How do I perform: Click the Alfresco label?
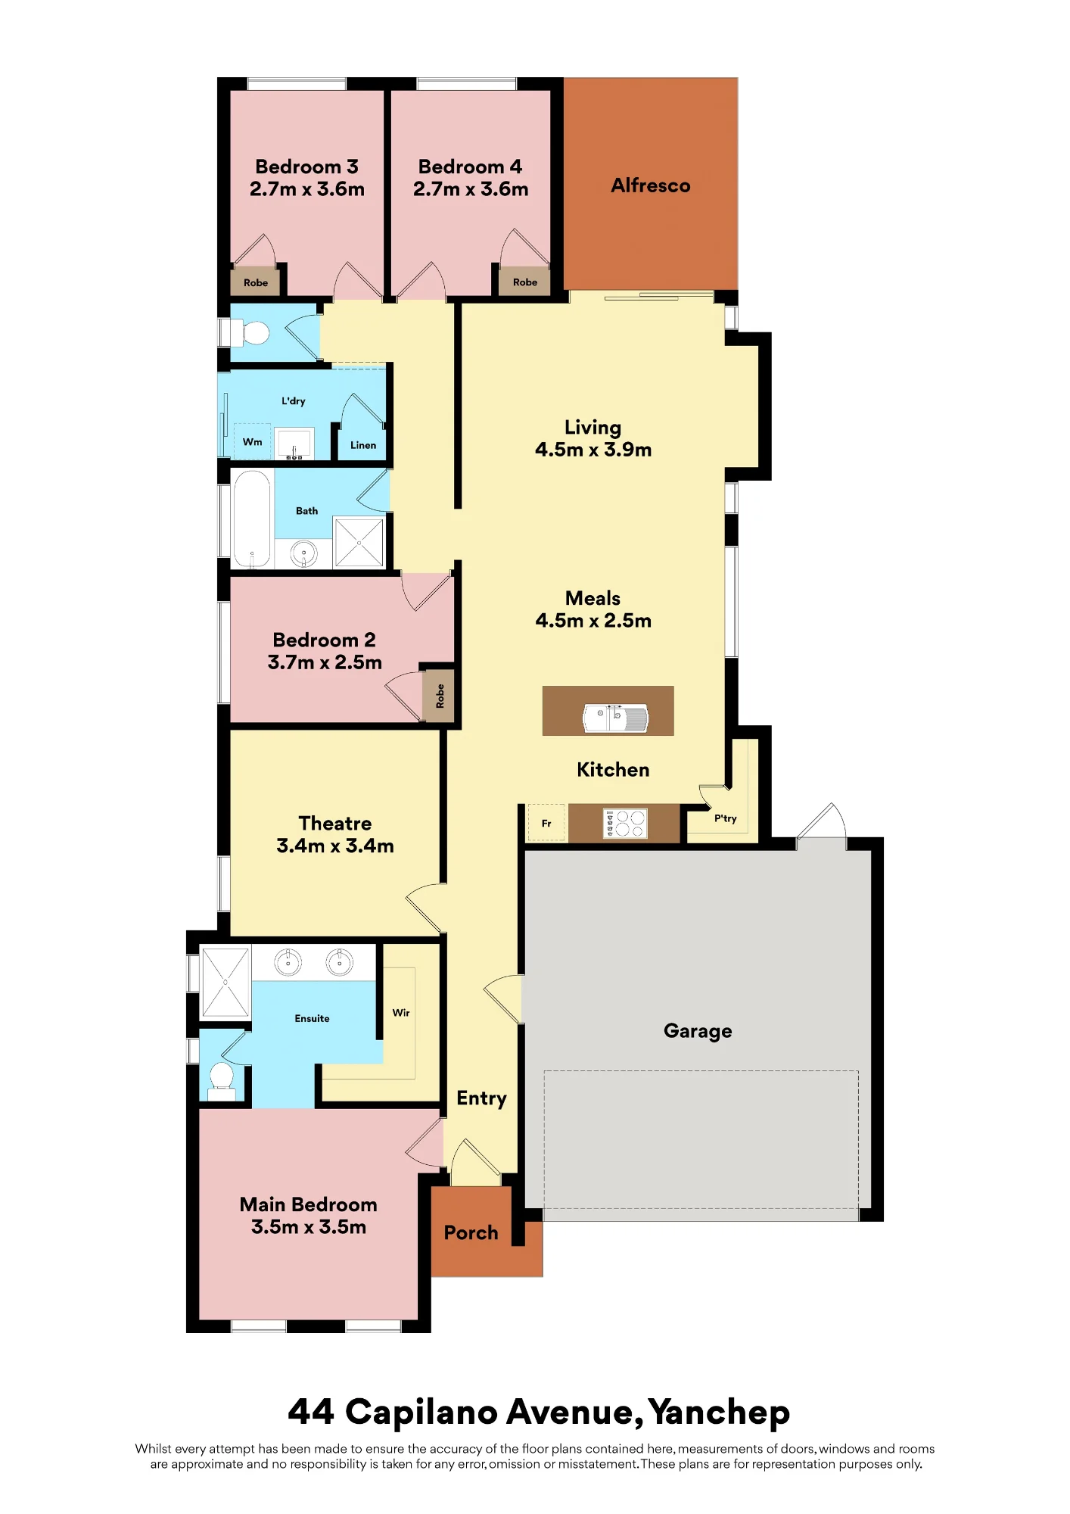[650, 185]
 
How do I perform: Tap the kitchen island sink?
[615, 718]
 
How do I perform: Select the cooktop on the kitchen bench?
[625, 824]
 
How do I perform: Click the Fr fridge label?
[546, 824]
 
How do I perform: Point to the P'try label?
[725, 818]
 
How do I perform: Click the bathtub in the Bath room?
[251, 519]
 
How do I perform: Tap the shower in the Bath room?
[359, 542]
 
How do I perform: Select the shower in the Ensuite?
[225, 982]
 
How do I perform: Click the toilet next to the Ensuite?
[222, 1082]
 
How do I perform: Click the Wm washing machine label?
[252, 442]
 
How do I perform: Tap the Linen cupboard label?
[363, 445]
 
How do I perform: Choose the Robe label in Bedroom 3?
[256, 283]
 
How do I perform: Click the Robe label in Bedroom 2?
[440, 696]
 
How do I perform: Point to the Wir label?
[401, 1013]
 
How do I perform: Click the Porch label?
[471, 1233]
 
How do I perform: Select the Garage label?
[698, 1031]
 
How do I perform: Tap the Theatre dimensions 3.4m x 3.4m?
[335, 846]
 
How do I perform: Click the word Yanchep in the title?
[719, 1413]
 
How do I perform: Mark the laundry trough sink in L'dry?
[294, 444]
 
